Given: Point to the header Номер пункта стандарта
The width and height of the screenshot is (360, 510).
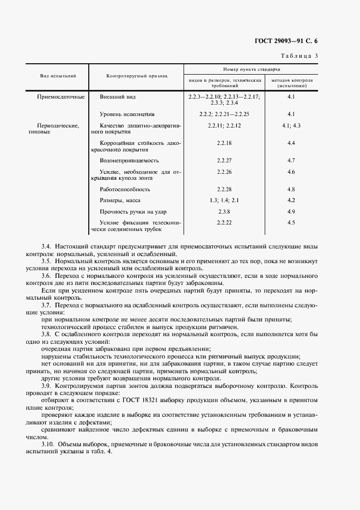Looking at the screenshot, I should [252, 70].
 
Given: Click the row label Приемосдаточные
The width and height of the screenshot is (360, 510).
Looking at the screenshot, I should [60, 97].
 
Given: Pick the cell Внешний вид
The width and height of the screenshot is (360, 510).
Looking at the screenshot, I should [118, 97].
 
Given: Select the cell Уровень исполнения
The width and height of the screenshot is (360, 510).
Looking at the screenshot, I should [127, 114].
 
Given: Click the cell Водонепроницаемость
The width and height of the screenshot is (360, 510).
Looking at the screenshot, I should [129, 161].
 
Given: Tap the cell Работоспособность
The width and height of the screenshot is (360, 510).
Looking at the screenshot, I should [124, 190].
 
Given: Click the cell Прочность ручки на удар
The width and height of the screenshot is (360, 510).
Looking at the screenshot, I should [133, 211].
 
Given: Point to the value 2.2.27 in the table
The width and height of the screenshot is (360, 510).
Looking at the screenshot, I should [224, 161].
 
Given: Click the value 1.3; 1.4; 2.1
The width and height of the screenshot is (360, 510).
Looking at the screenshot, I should [224, 201].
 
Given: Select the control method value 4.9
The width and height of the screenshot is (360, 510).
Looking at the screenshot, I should [291, 211].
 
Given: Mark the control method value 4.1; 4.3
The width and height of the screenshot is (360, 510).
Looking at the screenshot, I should [291, 126].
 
